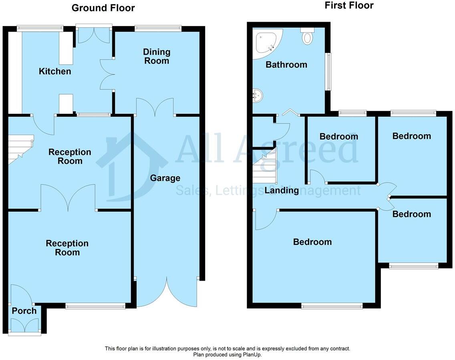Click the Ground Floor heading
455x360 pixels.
pyautogui.click(x=103, y=8)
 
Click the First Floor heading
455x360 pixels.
pyautogui.click(x=349, y=5)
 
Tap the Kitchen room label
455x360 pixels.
pyautogui.click(x=55, y=71)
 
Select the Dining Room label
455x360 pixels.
pyautogui.click(x=157, y=56)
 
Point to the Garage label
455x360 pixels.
pyautogui.click(x=165, y=178)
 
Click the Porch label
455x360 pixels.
pyautogui.click(x=24, y=311)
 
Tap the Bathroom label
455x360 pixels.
pyautogui.click(x=286, y=65)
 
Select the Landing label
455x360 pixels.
pyautogui.click(x=282, y=190)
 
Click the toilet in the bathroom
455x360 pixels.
pyautogui.click(x=307, y=36)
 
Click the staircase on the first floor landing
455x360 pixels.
pyautogui.click(x=265, y=165)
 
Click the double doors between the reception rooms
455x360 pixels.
pyautogui.click(x=68, y=198)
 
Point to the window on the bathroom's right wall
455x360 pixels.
pyautogui.click(x=328, y=72)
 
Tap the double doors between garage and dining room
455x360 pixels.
pyautogui.click(x=155, y=107)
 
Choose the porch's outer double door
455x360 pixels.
pyautogui.click(x=24, y=326)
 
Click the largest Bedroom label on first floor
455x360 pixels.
pyautogui.click(x=312, y=242)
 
